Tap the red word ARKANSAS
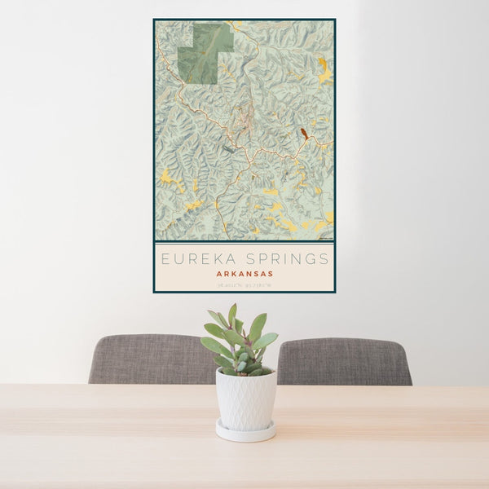pyautogui.click(x=244, y=274)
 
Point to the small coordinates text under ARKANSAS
pyautogui.click(x=244, y=284)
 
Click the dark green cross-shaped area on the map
pyautogui.click(x=205, y=53)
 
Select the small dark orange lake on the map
pyautogui.click(x=304, y=133)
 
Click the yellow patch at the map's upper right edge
pyautogui.click(x=324, y=72)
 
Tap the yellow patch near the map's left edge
pyautogui.click(x=167, y=176)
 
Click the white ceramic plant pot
pyautogui.click(x=245, y=399)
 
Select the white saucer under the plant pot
pyautogui.click(x=245, y=433)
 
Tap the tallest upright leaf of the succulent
pyautogui.click(x=232, y=315)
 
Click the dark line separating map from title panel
pyautogui.click(x=244, y=243)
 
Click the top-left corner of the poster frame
pyautogui.click(x=154, y=20)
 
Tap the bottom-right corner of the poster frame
pyautogui.click(x=334, y=291)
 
